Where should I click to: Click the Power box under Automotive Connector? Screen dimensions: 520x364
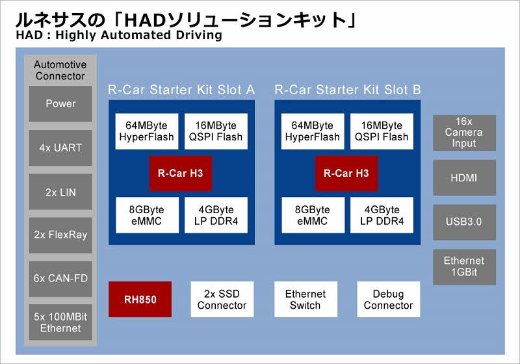[60, 104]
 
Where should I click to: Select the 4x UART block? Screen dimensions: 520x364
[60, 148]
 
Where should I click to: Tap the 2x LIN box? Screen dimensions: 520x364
[60, 192]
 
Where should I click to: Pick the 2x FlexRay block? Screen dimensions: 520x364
[60, 235]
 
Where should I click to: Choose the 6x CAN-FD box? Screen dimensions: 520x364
[60, 279]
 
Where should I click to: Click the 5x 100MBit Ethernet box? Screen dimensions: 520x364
[60, 322]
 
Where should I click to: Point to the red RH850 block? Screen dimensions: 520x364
[140, 300]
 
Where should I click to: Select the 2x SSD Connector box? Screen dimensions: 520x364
[222, 300]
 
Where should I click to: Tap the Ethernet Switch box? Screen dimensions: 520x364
[305, 300]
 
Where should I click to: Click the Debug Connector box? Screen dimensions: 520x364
[388, 300]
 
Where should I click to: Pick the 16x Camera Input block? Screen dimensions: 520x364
[464, 133]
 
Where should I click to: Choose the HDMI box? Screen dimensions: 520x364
[464, 177]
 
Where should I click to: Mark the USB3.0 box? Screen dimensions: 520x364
[464, 222]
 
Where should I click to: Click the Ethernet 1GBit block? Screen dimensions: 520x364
[464, 267]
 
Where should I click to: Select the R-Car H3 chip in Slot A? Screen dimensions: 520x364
[181, 174]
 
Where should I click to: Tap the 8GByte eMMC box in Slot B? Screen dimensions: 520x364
[313, 215]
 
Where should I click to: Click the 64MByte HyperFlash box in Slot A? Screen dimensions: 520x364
[147, 131]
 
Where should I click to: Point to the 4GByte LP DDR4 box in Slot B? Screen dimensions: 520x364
[382, 215]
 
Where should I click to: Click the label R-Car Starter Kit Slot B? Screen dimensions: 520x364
[348, 90]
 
